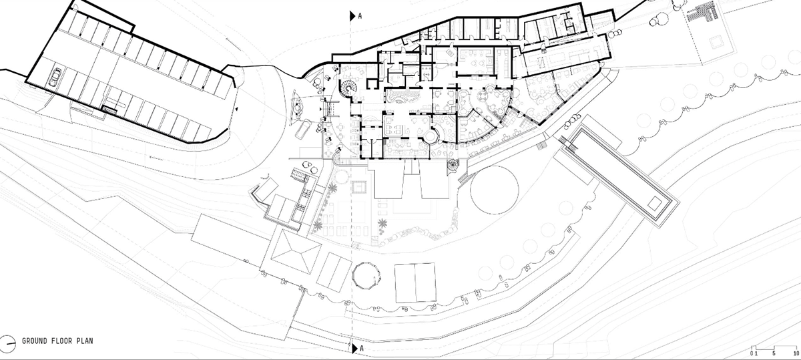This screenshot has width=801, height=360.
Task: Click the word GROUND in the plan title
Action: (35, 341)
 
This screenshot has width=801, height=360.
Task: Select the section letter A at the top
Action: (360, 16)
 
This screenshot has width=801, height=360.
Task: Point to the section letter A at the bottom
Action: (362, 348)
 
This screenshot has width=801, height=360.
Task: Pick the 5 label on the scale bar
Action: (774, 353)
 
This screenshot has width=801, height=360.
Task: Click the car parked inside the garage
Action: (55, 77)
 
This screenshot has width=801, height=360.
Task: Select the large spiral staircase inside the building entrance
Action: (347, 88)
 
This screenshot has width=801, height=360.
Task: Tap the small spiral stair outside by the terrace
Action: (453, 166)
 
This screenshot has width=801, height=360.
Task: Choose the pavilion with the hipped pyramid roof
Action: (296, 252)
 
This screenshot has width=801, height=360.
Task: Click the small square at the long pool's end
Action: (655, 203)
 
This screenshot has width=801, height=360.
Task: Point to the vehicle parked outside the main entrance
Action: (303, 130)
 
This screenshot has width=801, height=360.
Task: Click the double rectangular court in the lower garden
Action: (415, 283)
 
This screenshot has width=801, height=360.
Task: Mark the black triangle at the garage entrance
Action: (236, 109)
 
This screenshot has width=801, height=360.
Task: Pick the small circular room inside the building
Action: (431, 136)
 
